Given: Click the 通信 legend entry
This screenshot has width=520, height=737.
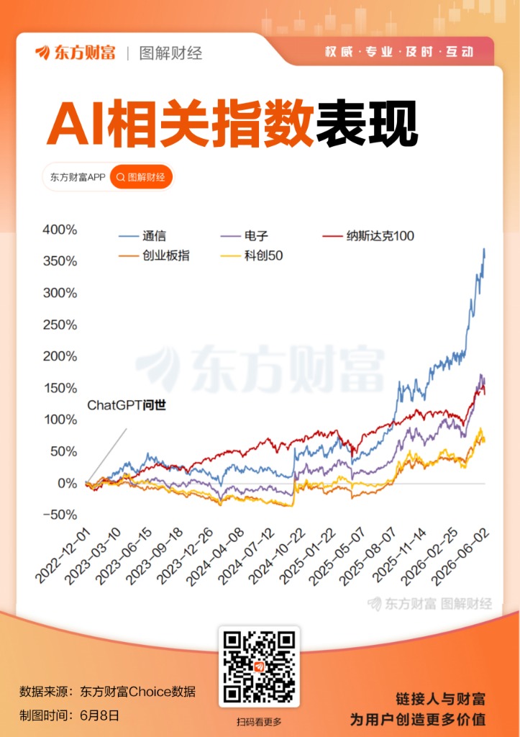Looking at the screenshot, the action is (x=142, y=236).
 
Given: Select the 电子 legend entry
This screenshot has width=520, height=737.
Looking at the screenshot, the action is (x=245, y=236).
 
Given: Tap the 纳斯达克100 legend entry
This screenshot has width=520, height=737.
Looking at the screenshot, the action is (x=368, y=236).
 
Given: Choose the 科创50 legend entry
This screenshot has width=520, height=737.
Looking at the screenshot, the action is (x=252, y=256).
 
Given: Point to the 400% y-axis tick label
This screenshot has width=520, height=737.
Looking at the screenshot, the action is (x=60, y=230).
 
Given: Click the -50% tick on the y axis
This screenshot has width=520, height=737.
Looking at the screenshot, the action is (x=60, y=515).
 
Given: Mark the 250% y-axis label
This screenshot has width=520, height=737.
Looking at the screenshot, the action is (x=60, y=325).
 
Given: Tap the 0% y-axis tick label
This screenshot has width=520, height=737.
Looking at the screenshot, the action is (x=67, y=483).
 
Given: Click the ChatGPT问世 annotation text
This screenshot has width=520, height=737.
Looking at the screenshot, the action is (x=127, y=405).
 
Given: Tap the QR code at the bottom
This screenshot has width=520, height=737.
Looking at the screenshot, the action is (x=259, y=667).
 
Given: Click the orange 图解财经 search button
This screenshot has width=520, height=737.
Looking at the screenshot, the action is (x=142, y=177).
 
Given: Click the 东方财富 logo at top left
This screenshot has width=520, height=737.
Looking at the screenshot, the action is (x=75, y=53).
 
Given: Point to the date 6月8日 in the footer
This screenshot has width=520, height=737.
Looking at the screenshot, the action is (x=99, y=716).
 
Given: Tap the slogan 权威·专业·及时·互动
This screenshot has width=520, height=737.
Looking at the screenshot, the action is (x=399, y=52).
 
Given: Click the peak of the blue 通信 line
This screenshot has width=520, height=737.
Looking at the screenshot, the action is (x=484, y=248).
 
